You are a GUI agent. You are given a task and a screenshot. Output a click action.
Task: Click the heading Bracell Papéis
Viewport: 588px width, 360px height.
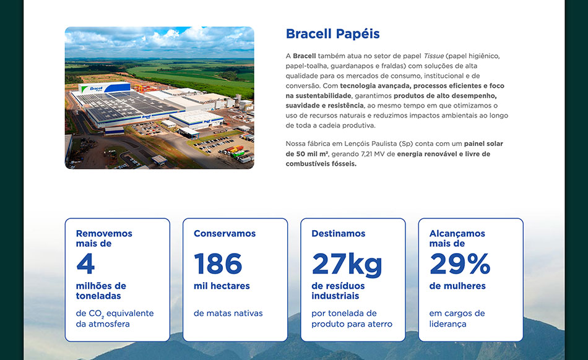coord(332,34)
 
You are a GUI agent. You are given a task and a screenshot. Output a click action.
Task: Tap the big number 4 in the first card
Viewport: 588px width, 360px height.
coord(85,264)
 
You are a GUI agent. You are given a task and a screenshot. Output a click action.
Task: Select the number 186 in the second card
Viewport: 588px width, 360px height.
coord(218,264)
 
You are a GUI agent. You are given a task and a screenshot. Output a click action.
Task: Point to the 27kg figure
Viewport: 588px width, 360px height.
coord(347,264)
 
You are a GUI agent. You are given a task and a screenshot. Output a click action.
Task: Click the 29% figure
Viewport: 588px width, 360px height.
coord(459,264)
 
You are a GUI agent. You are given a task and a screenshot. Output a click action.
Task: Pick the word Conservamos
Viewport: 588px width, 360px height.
coord(224,234)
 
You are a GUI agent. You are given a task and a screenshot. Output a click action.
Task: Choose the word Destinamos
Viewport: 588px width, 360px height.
coord(338,234)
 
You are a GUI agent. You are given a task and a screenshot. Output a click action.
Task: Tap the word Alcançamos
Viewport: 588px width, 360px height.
coord(457,234)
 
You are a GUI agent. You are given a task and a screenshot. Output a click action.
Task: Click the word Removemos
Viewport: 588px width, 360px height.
coord(104,234)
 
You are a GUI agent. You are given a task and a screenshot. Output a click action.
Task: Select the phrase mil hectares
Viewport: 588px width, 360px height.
coord(222,286)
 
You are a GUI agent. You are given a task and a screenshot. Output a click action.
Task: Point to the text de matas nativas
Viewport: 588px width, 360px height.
coord(228,314)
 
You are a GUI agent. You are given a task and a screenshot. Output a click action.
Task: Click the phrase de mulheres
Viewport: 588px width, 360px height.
coord(457,286)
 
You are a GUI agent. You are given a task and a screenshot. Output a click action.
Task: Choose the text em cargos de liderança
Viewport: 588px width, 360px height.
coord(457,319)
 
